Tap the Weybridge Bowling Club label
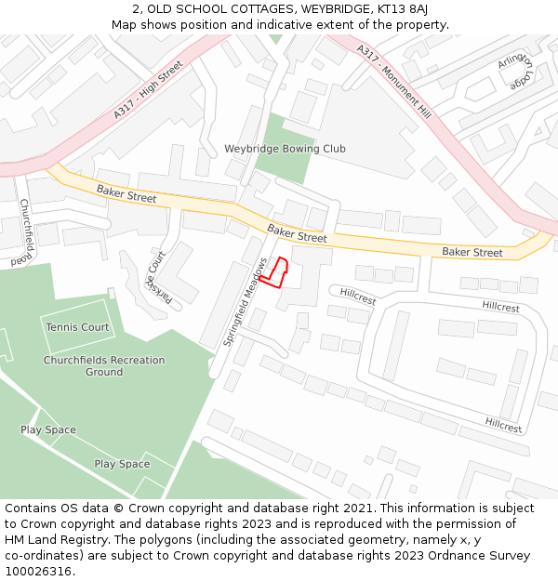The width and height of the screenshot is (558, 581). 285,149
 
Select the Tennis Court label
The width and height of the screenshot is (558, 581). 77,327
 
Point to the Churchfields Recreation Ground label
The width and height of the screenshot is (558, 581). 104,366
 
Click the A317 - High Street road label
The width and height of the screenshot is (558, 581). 149,89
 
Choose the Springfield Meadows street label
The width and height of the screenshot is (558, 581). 246,302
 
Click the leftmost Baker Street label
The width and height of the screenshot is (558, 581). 126,194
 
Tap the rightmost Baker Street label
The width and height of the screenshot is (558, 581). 472,252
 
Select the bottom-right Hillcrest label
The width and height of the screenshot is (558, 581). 503,425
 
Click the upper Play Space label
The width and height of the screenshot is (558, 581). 48,430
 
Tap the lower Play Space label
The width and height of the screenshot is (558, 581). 122,464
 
